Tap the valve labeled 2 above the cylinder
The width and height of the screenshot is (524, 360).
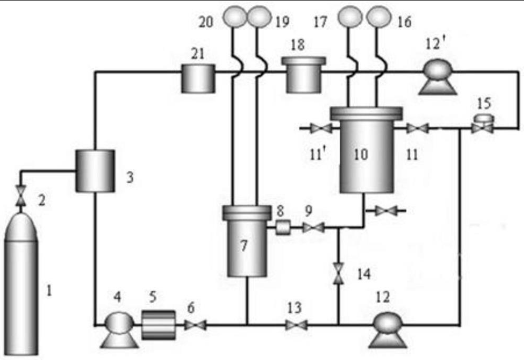coord(21,197)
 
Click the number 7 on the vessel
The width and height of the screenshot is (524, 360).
coord(243,246)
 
